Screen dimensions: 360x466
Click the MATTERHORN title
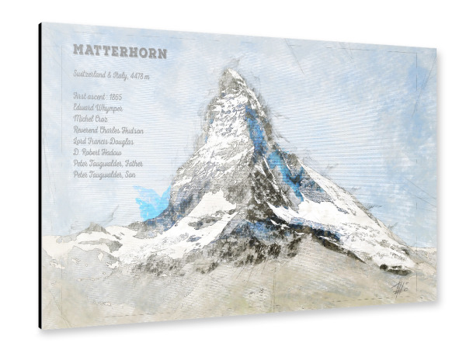tap(120, 51)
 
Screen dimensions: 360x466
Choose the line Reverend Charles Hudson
tap(108, 130)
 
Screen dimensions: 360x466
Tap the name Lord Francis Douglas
tap(103, 142)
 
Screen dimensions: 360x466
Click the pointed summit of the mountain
tap(230, 72)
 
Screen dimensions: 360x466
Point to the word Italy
tap(121, 75)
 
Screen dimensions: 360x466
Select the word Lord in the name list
tap(79, 142)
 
